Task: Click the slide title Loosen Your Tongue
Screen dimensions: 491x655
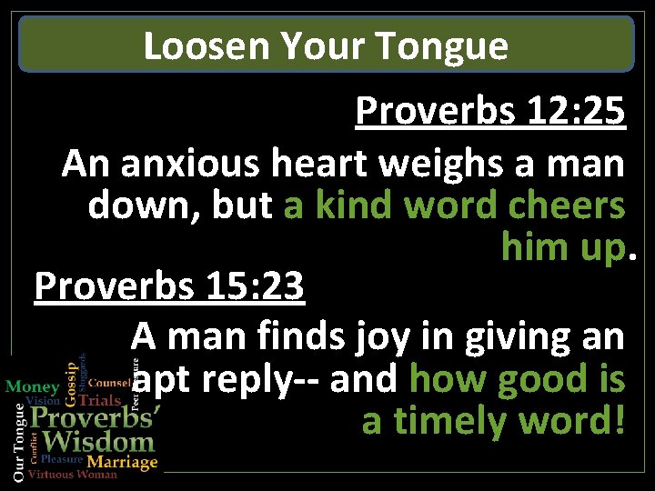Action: point(326,45)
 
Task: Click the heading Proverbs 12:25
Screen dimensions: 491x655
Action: point(490,111)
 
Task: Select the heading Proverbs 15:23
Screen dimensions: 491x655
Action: point(169,287)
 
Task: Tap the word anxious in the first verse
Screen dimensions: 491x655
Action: point(191,164)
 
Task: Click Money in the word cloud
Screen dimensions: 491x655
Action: point(33,387)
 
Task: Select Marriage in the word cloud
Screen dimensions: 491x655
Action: point(122,462)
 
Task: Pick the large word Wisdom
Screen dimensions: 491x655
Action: point(99,443)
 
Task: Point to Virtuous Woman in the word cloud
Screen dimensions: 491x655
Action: point(73,475)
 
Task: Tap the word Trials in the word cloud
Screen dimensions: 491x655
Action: point(100,400)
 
